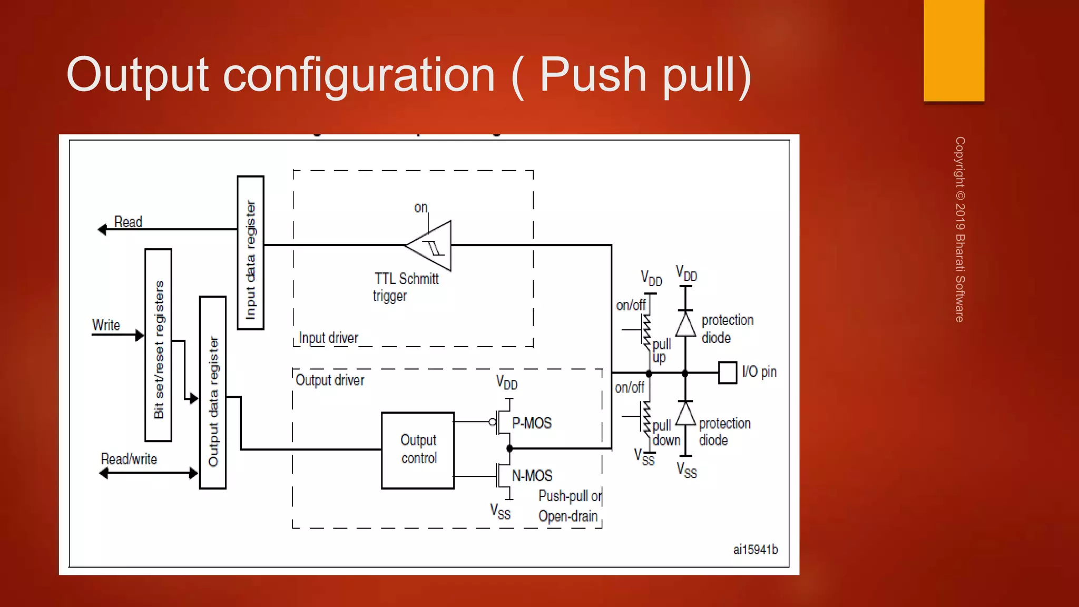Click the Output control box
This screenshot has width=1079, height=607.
pyautogui.click(x=418, y=451)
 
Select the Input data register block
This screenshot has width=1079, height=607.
pyautogui.click(x=250, y=253)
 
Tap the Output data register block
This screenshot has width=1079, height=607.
pyautogui.click(x=213, y=393)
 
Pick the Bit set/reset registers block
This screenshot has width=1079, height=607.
pyautogui.click(x=158, y=345)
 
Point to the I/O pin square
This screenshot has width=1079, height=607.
pyautogui.click(x=728, y=373)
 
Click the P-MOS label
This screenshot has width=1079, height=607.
pyautogui.click(x=532, y=423)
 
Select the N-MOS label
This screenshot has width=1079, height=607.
pyautogui.click(x=532, y=476)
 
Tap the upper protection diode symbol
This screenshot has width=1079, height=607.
pyautogui.click(x=685, y=324)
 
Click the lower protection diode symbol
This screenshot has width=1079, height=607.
pyautogui.click(x=685, y=414)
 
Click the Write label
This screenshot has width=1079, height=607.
pyautogui.click(x=106, y=325)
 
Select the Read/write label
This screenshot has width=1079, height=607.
pyautogui.click(x=129, y=459)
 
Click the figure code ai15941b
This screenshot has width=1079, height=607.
pyautogui.click(x=755, y=550)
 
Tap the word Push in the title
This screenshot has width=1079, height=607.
pyautogui.click(x=593, y=75)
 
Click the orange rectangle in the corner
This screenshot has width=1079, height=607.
pyautogui.click(x=954, y=50)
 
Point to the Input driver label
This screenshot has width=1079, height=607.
pyautogui.click(x=328, y=338)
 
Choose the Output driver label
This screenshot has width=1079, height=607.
pyautogui.click(x=330, y=380)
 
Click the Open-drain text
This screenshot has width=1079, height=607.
pyautogui.click(x=568, y=516)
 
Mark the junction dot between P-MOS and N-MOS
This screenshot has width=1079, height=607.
pyautogui.click(x=509, y=449)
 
